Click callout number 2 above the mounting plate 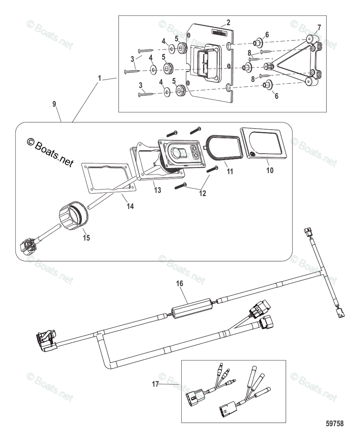point(228,22)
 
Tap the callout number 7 point(319,27)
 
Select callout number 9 point(54,104)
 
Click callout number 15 point(86,238)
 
